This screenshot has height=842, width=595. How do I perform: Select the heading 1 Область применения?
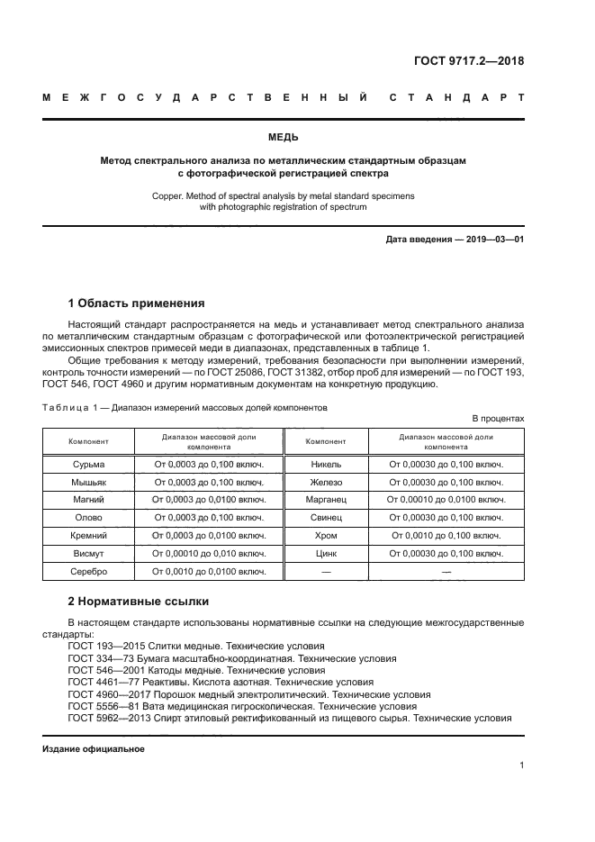(136, 303)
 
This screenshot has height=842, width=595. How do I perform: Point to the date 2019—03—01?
(495, 240)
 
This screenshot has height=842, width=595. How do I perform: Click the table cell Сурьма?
(88, 464)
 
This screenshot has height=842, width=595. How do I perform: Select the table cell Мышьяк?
(88, 482)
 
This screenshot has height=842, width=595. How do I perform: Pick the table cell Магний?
(88, 499)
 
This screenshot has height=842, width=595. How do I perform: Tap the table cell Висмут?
(88, 553)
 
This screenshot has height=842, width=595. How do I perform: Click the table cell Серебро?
(88, 571)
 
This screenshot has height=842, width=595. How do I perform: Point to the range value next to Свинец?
(446, 517)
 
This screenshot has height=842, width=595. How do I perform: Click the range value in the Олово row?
(209, 517)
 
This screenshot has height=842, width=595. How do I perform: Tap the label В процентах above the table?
(498, 419)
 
